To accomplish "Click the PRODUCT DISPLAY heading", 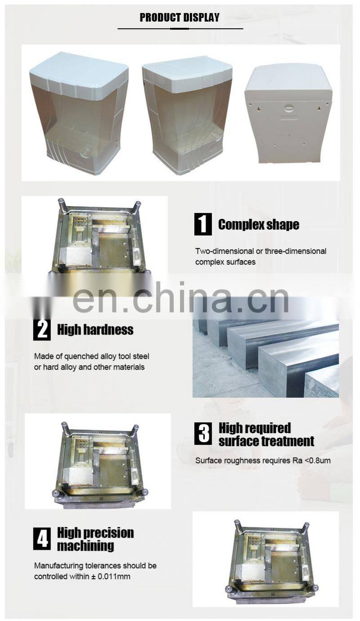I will pyautogui.click(x=180, y=18).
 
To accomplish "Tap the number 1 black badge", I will pyautogui.click(x=203, y=224).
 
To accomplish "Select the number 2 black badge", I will pyautogui.click(x=42, y=329).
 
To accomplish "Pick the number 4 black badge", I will pyautogui.click(x=42, y=539).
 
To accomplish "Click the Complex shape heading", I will pyautogui.click(x=258, y=225).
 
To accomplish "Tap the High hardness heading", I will pyautogui.click(x=95, y=330).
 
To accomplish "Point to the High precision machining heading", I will pyautogui.click(x=95, y=539).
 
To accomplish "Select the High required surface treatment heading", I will pyautogui.click(x=266, y=435).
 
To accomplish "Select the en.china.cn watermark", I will pyautogui.click(x=180, y=297).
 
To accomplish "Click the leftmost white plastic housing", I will pyautogui.click(x=79, y=113).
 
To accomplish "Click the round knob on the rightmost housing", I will pyautogui.click(x=289, y=108).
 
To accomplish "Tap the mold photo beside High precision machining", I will pyautogui.click(x=265, y=558).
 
